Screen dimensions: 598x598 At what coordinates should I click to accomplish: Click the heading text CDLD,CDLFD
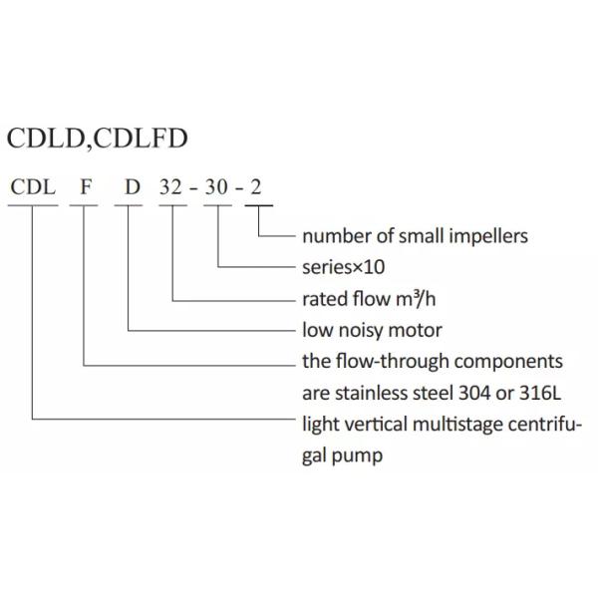coord(97,139)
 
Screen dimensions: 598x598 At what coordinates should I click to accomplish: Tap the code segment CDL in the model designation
coord(33,188)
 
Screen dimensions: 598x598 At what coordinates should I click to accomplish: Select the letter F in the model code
coord(87,188)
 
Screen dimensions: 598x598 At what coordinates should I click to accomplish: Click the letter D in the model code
coord(131,188)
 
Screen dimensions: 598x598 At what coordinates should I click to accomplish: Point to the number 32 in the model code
coord(172,188)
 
